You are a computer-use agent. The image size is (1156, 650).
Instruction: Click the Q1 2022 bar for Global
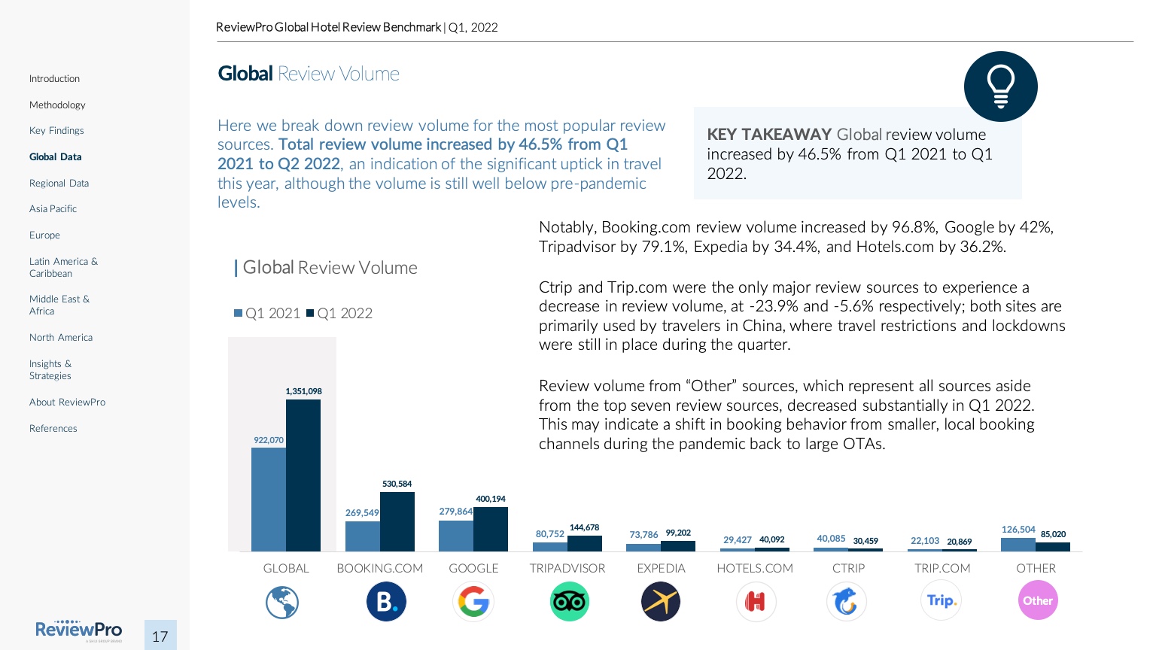[x=303, y=475]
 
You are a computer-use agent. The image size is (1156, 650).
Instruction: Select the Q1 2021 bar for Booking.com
[x=363, y=536]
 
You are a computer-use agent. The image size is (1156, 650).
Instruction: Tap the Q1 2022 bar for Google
[x=491, y=530]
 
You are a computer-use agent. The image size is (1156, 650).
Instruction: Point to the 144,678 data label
[x=585, y=527]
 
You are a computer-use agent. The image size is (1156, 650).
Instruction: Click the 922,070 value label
[x=269, y=440]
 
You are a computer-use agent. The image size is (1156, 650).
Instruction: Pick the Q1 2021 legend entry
[x=267, y=314]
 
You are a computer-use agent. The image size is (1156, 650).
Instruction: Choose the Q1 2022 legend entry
[x=339, y=314]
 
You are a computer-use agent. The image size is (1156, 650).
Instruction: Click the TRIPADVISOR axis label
[x=567, y=569]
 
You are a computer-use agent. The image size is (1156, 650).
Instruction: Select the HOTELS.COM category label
[x=755, y=569]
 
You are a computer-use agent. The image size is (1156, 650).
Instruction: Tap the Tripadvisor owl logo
[x=569, y=602]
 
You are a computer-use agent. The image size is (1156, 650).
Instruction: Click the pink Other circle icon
[x=1038, y=600]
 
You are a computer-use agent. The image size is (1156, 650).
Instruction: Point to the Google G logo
[x=473, y=602]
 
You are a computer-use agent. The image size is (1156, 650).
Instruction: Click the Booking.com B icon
[x=386, y=602]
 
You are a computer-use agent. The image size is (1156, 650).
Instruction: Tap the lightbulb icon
[x=1000, y=87]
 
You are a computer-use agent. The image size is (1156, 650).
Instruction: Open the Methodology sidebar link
[x=57, y=105]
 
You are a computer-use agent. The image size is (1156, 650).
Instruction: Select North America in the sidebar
[x=61, y=338]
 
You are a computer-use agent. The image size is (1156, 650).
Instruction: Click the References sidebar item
[x=53, y=429]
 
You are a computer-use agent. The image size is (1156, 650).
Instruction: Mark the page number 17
[x=160, y=636]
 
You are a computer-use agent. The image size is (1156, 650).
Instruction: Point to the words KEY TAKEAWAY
[x=768, y=135]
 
